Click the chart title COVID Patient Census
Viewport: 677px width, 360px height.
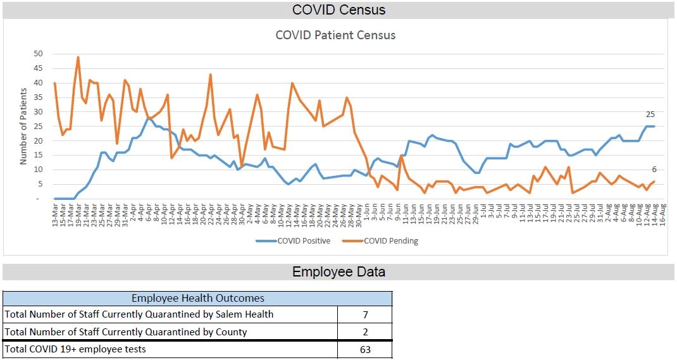tap(335, 35)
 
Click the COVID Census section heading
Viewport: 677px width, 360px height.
tap(338, 10)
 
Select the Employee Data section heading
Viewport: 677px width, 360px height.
tap(338, 272)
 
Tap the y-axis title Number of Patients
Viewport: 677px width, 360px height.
tap(23, 127)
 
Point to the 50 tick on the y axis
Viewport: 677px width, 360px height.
tap(39, 53)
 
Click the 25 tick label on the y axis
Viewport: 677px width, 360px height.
tap(39, 126)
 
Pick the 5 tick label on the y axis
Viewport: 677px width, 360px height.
tap(40, 184)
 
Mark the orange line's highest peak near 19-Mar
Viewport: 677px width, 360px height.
tap(78, 58)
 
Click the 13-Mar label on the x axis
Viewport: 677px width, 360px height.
tap(55, 216)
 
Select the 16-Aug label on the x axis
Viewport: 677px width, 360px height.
tap(662, 216)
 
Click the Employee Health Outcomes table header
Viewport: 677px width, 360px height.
tap(197, 298)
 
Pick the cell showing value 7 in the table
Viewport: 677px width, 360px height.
tap(364, 314)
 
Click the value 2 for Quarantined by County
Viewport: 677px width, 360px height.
tap(364, 332)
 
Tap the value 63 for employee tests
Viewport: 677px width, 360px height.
tap(364, 349)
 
